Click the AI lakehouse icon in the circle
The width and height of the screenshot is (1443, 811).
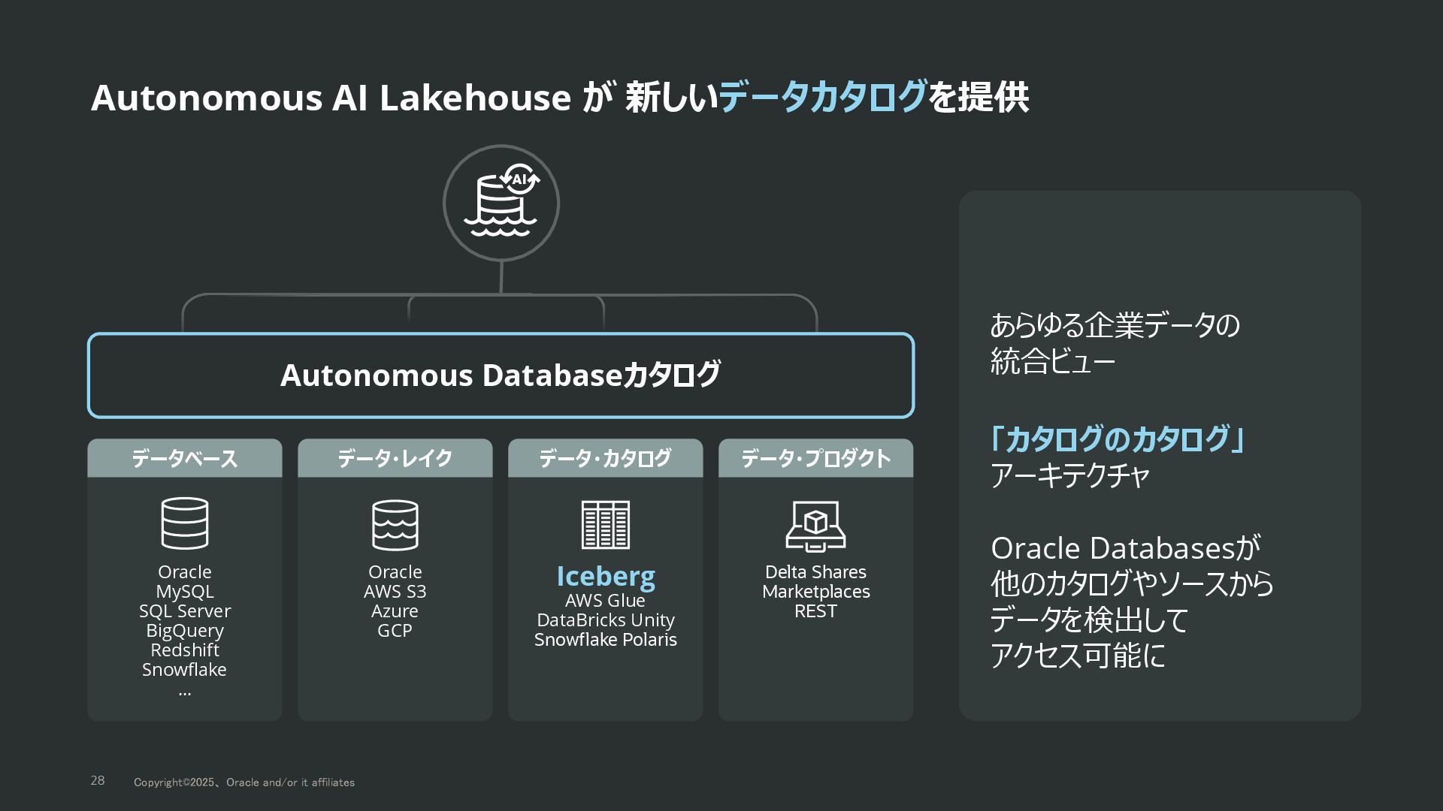click(x=501, y=204)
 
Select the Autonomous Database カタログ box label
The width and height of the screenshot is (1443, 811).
click(x=501, y=375)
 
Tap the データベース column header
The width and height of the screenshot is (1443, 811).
click(x=185, y=458)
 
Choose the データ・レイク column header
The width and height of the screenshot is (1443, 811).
click(x=395, y=458)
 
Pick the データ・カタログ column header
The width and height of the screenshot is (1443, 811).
click(x=606, y=458)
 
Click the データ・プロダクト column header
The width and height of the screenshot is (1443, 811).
click(x=816, y=458)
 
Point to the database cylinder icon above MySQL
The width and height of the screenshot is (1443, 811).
click(x=185, y=523)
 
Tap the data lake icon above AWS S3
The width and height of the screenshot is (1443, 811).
click(x=395, y=525)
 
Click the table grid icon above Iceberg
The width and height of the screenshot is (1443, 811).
click(x=606, y=525)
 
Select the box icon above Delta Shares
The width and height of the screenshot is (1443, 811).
click(x=816, y=526)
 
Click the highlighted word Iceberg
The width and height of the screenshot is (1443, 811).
click(x=606, y=576)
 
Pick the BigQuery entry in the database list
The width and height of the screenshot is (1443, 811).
click(x=185, y=631)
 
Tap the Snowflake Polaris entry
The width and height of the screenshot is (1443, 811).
click(x=606, y=640)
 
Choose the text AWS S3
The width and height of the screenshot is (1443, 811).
click(x=395, y=592)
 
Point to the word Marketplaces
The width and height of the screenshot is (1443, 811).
click(x=816, y=592)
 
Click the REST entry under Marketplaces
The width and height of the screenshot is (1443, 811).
click(x=816, y=611)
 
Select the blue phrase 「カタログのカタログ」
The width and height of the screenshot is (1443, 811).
click(x=1117, y=439)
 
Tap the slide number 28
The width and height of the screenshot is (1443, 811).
click(x=98, y=781)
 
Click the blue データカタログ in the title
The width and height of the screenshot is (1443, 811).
click(x=823, y=98)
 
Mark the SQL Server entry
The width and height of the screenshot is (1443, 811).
click(x=185, y=611)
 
